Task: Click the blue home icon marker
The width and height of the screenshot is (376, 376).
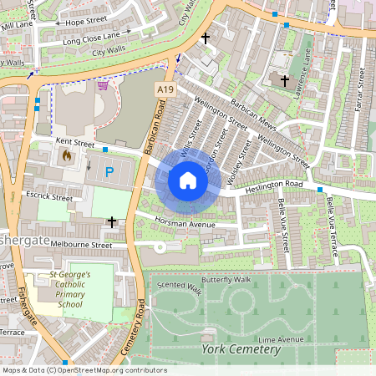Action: pyautogui.click(x=188, y=180)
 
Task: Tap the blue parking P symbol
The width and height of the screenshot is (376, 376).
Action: pyautogui.click(x=109, y=172)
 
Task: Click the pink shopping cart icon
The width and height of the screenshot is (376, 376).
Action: pyautogui.click(x=102, y=84)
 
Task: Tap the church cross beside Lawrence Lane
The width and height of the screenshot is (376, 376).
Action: pyautogui.click(x=285, y=81)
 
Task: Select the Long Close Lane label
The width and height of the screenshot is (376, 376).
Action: pyautogui.click(x=91, y=35)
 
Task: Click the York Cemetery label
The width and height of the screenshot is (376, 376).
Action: pyautogui.click(x=241, y=349)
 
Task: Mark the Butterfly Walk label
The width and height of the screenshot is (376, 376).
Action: pyautogui.click(x=226, y=280)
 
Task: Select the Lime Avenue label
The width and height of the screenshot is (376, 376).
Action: pyautogui.click(x=281, y=339)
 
